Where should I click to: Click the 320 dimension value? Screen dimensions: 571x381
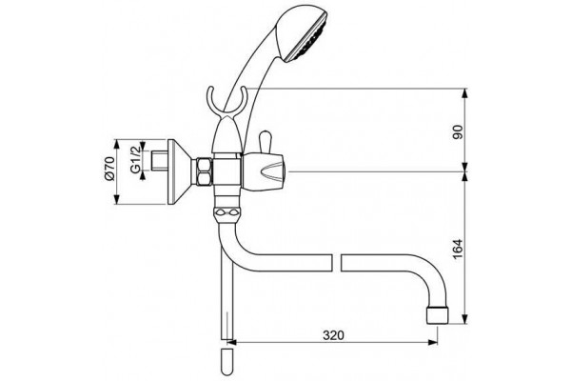(333, 334)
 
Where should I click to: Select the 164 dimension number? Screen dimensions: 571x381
(458, 249)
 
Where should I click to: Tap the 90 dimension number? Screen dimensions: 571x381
(458, 131)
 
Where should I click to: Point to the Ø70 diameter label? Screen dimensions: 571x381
(109, 168)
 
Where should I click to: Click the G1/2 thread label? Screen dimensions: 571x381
(135, 159)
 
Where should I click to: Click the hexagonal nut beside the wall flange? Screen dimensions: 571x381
(204, 171)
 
